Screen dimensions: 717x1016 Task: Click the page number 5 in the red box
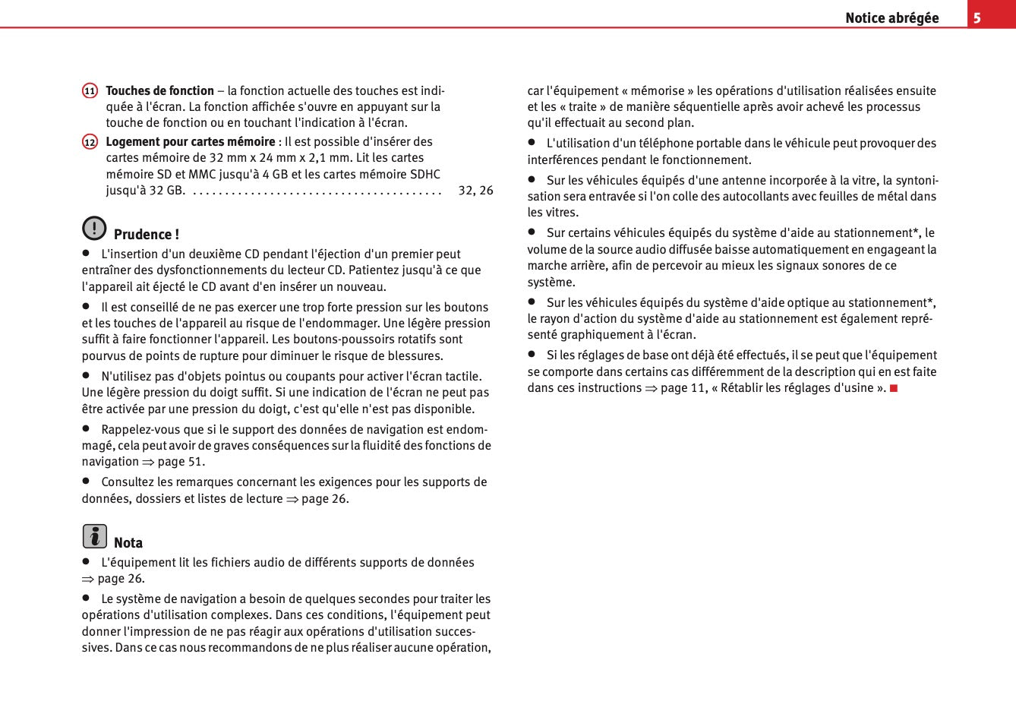tap(977, 17)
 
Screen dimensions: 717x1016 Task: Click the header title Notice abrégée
tap(891, 17)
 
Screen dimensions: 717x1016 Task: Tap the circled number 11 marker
tap(90, 91)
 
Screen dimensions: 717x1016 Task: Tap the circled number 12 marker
tap(90, 142)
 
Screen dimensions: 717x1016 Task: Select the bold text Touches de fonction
tap(159, 90)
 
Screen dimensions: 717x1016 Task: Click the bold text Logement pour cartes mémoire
tap(190, 141)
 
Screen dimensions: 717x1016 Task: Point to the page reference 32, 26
tap(475, 190)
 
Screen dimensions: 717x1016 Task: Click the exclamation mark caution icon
tap(94, 228)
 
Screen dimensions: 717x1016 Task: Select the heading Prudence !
tap(146, 234)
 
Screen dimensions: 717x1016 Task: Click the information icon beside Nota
tap(94, 536)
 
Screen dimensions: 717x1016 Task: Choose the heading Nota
tap(128, 542)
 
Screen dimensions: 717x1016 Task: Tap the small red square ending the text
tap(894, 388)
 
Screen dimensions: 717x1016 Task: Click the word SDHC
tap(424, 174)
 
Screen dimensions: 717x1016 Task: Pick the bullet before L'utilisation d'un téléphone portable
tap(532, 142)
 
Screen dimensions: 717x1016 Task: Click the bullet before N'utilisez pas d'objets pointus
tap(87, 375)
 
